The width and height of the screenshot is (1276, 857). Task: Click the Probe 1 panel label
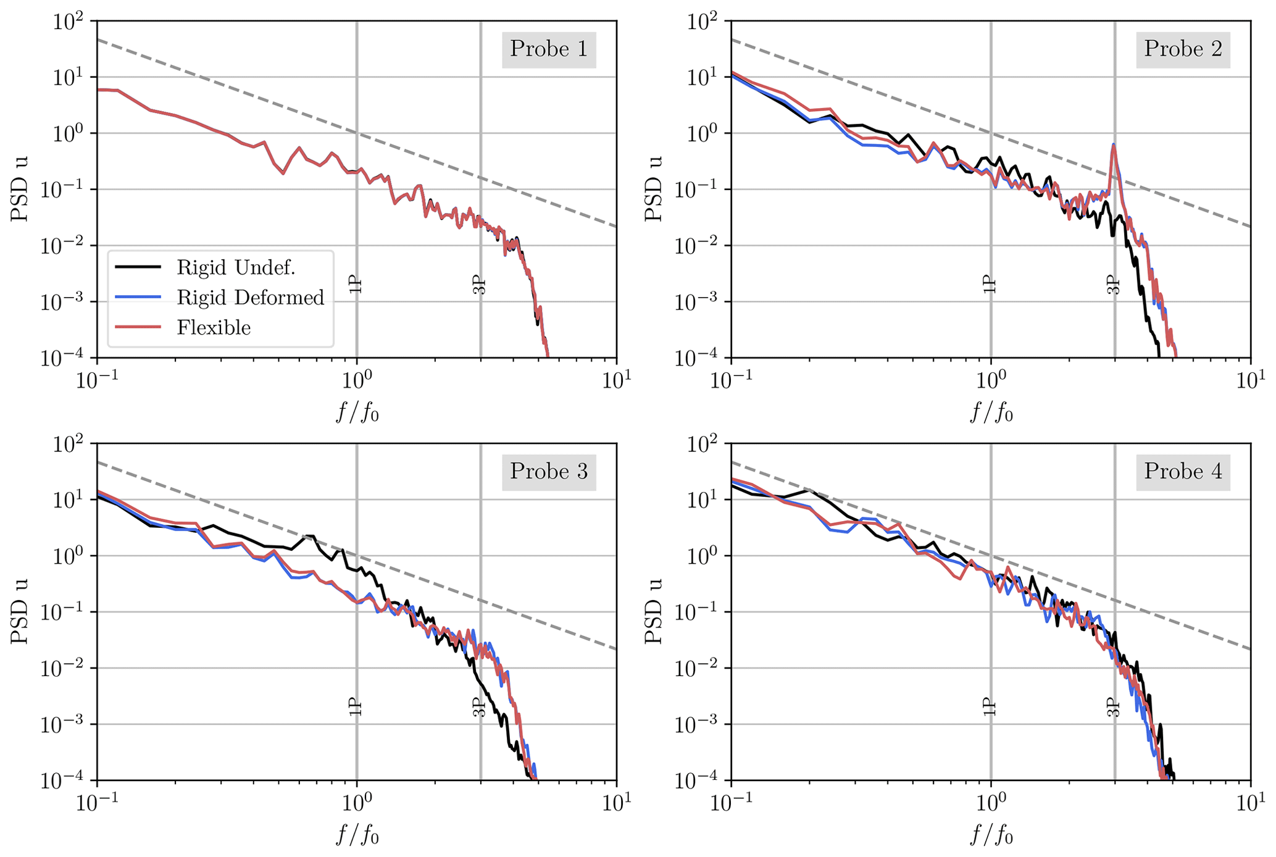tap(548, 49)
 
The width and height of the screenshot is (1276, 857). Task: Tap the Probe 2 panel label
tap(1183, 49)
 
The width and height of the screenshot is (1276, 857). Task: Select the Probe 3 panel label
tap(548, 472)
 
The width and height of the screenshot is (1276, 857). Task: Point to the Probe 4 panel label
tap(1183, 472)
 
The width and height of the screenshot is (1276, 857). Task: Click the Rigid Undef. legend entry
tap(236, 267)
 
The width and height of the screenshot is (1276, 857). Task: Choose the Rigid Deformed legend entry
tap(250, 298)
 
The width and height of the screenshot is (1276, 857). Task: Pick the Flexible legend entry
tap(214, 327)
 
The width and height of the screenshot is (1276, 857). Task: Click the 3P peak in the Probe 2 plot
tap(1113, 147)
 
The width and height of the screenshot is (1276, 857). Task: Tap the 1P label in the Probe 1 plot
tap(356, 285)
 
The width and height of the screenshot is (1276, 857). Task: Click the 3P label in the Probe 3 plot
tap(480, 707)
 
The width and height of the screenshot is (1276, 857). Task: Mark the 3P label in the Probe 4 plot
tap(1113, 707)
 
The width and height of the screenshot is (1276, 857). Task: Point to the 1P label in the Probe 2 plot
tap(990, 285)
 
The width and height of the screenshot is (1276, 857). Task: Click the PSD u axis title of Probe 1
tap(20, 189)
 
